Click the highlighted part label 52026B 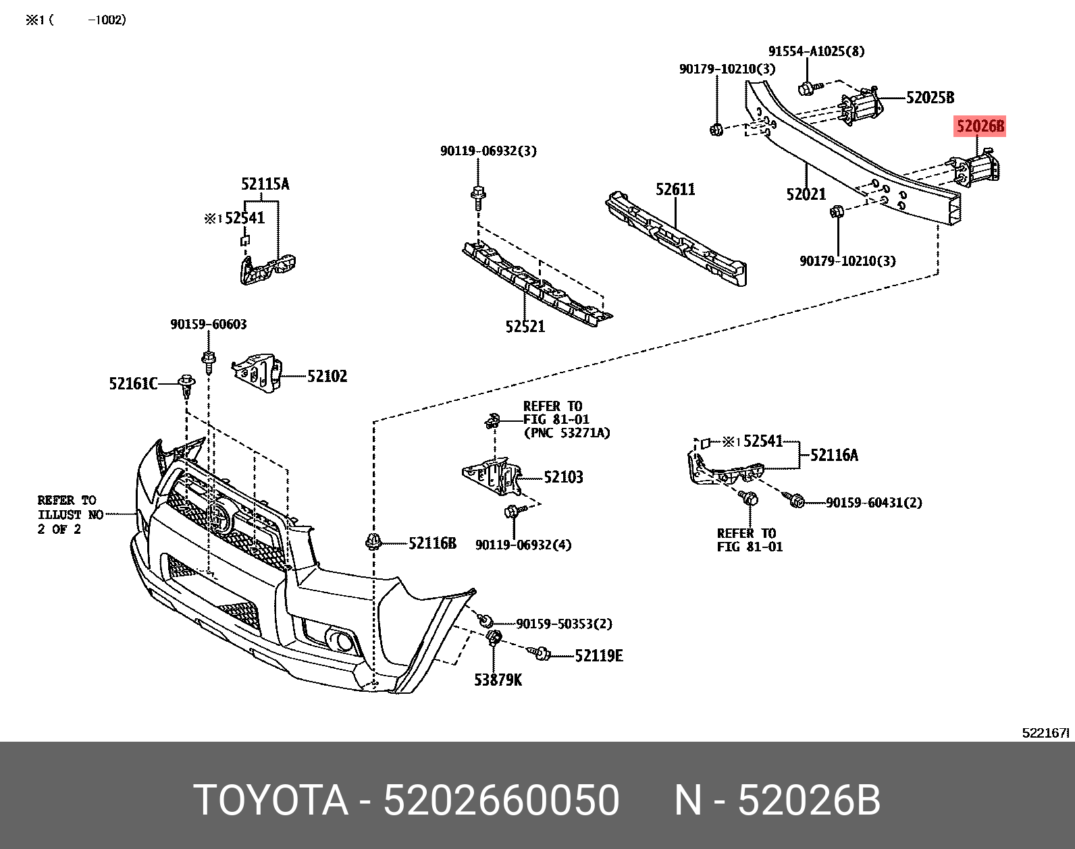(x=979, y=126)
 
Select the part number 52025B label (x=930, y=98)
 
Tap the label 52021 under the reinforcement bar (x=806, y=194)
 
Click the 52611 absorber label (x=675, y=190)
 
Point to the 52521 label (x=525, y=327)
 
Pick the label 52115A (x=265, y=184)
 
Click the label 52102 (x=327, y=377)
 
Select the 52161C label (x=133, y=384)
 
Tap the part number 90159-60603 (x=208, y=325)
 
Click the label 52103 (x=563, y=477)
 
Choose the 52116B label (x=432, y=543)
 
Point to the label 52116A (x=834, y=456)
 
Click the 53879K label (x=498, y=680)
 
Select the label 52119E (x=598, y=655)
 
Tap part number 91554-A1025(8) (x=816, y=51)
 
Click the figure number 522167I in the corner (x=1046, y=732)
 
